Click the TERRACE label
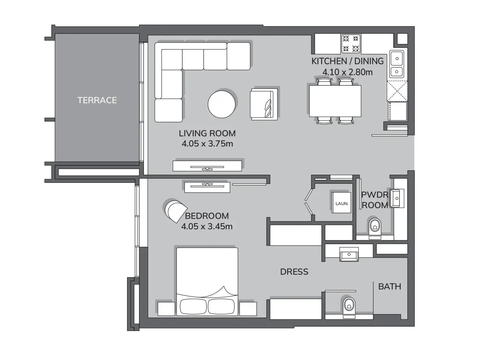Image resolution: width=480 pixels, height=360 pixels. click(97, 100)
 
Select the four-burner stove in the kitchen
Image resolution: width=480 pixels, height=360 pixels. click(351, 44)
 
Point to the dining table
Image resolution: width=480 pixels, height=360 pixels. click(335, 101)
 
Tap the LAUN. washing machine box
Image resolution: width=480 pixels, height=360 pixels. click(342, 203)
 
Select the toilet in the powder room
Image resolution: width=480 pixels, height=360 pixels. click(375, 226)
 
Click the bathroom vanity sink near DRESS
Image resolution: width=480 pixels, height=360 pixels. click(349, 254)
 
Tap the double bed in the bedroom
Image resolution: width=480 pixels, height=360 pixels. click(207, 281)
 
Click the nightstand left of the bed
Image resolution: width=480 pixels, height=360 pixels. click(167, 309)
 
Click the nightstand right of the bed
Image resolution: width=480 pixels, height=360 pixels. click(248, 309)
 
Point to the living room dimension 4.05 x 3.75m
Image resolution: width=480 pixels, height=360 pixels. click(207, 144)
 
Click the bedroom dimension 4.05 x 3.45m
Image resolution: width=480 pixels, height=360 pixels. click(207, 226)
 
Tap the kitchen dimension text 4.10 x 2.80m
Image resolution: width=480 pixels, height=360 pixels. click(347, 72)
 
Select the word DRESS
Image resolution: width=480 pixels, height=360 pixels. click(294, 272)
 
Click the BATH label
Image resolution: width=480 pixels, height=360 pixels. click(389, 287)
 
